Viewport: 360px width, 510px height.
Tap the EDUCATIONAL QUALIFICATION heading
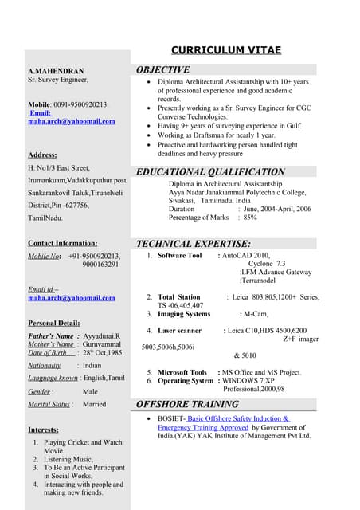point(210,172)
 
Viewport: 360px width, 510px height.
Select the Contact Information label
point(63,243)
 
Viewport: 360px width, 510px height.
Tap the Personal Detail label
point(53,323)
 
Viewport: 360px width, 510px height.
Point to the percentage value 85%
point(250,217)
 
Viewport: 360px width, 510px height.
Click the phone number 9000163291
point(100,265)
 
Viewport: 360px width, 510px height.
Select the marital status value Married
point(94,404)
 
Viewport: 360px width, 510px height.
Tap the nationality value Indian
point(92,364)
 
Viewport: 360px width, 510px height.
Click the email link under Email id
point(72,298)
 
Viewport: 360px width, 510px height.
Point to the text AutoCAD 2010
point(247,256)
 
